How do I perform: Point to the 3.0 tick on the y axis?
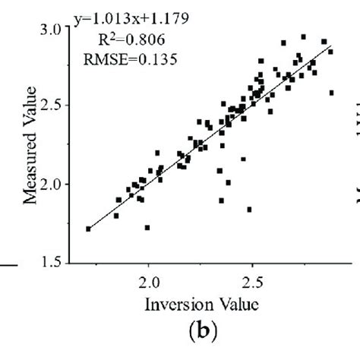click(x=54, y=29)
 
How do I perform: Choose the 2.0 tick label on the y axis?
click(x=54, y=185)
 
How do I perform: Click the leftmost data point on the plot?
click(x=88, y=229)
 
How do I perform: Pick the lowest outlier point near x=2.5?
click(x=249, y=209)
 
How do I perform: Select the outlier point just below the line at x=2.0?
click(x=147, y=227)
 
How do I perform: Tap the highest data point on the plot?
click(x=304, y=36)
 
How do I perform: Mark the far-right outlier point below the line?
click(x=331, y=93)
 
